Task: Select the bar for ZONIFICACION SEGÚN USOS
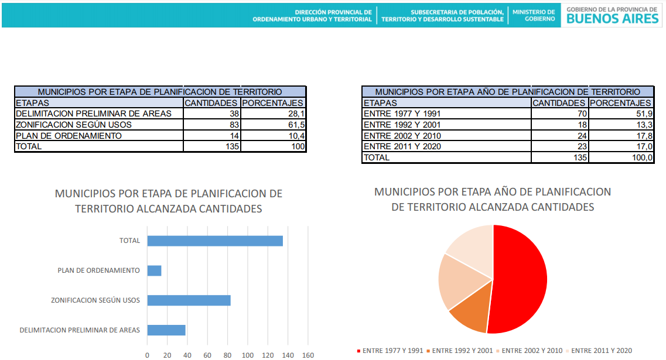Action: click(x=189, y=300)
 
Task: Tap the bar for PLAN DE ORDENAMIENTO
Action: click(x=154, y=270)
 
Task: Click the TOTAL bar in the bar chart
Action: click(x=215, y=241)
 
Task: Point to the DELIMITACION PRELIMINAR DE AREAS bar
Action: click(x=166, y=330)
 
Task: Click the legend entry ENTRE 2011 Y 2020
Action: click(x=602, y=351)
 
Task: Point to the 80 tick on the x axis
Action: click(x=227, y=355)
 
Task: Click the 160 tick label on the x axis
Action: click(x=308, y=355)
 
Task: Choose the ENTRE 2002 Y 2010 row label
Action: click(x=402, y=136)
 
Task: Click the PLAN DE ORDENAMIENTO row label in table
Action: click(x=69, y=136)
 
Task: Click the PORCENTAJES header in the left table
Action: click(x=273, y=103)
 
